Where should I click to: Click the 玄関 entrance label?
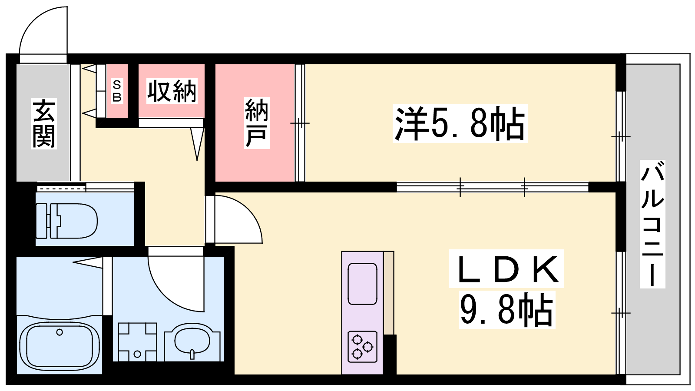coord(44,123)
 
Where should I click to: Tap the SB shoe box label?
coord(117,91)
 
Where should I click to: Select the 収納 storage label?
coord(172,91)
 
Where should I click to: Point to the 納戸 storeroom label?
coord(257,123)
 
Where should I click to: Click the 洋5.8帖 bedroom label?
coord(460,123)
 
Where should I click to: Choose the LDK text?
coord(506,269)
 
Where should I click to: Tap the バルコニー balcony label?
coord(652,224)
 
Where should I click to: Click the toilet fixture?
coord(67,221)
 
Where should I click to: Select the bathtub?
coord(60,345)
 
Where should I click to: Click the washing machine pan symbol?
coord(137,342)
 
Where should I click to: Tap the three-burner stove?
coord(362,347)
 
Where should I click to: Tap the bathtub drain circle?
coord(59,332)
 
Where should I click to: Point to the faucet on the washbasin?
coord(192,354)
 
